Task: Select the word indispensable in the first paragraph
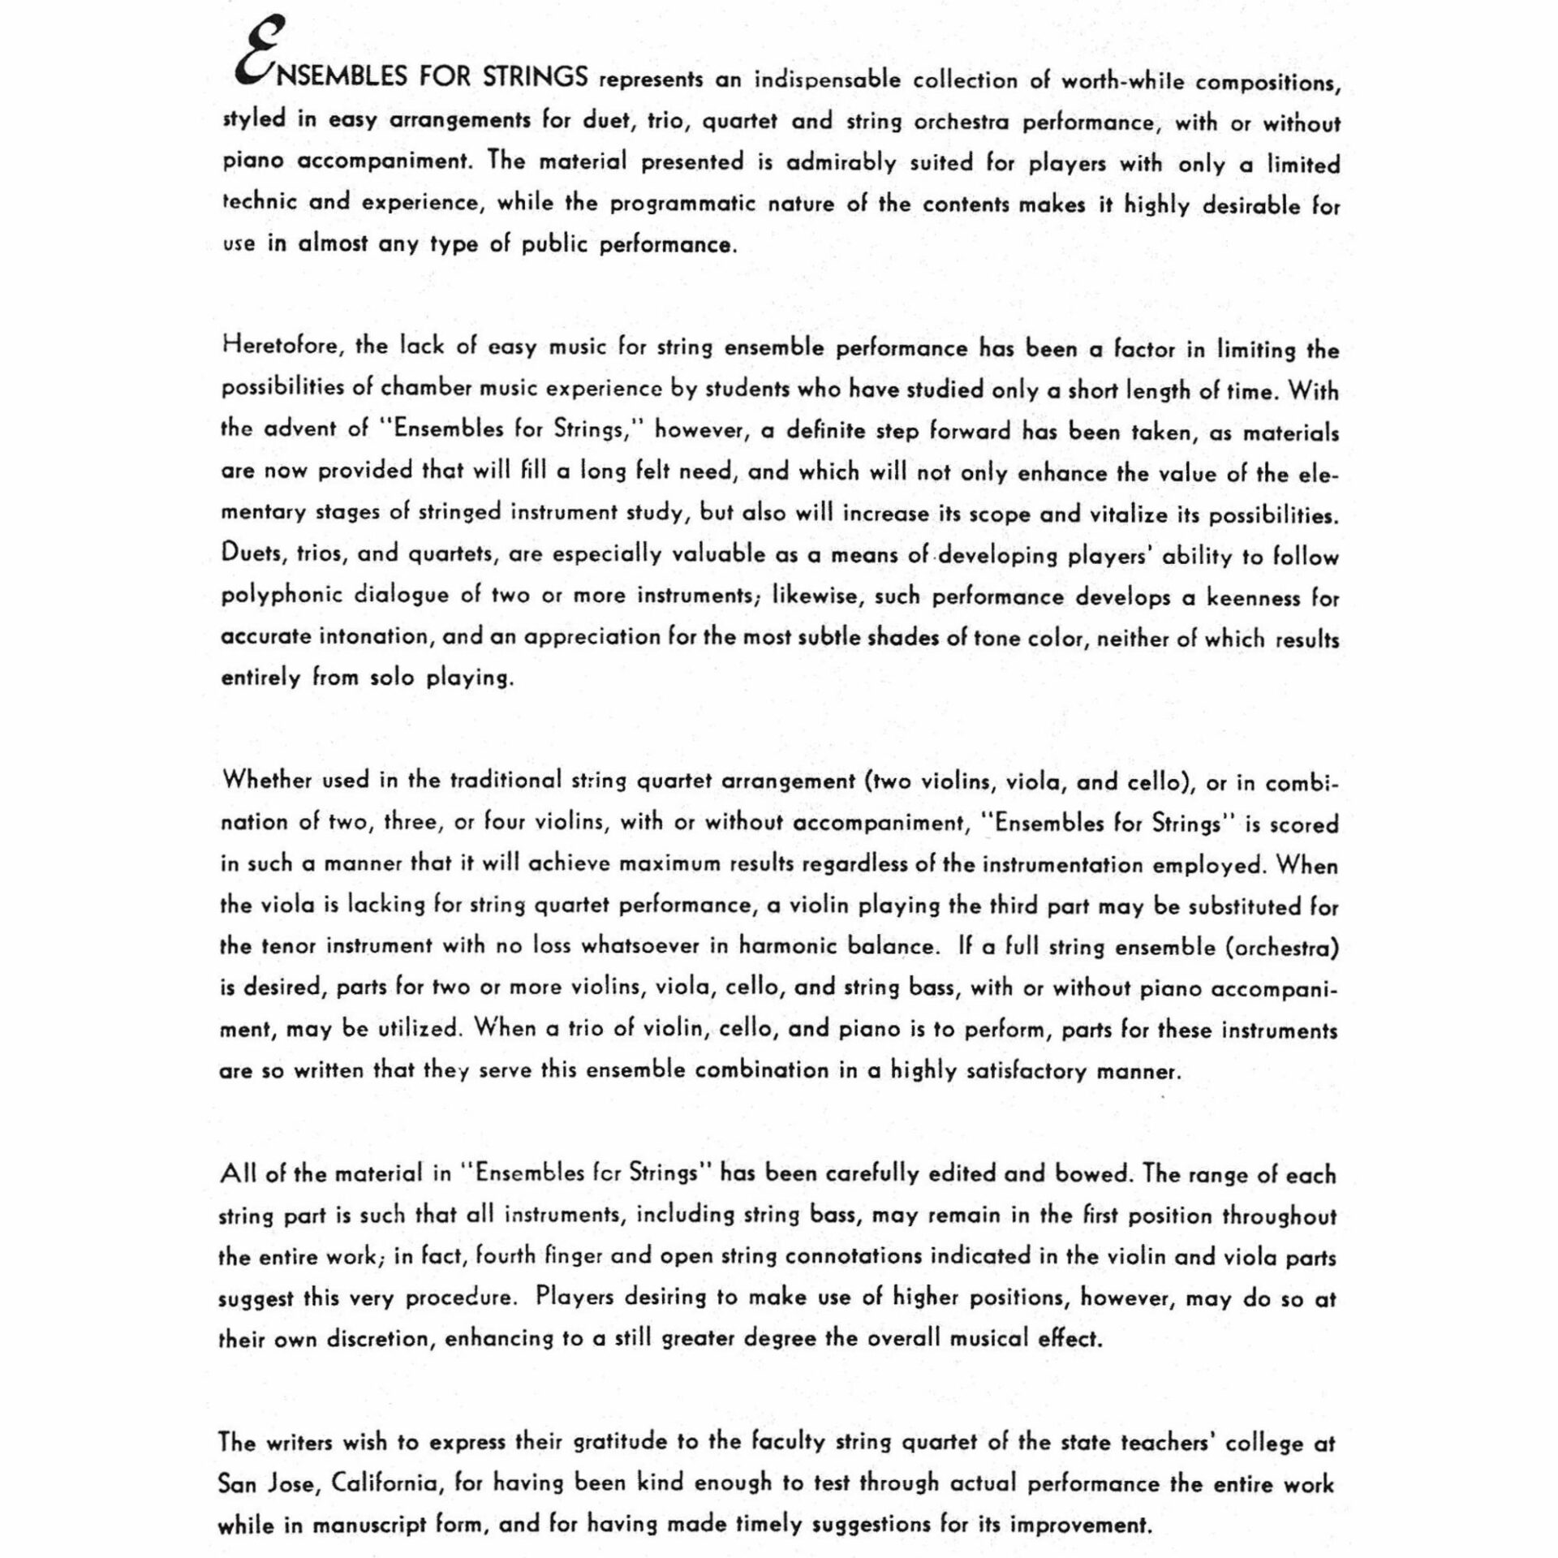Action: tap(827, 80)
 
